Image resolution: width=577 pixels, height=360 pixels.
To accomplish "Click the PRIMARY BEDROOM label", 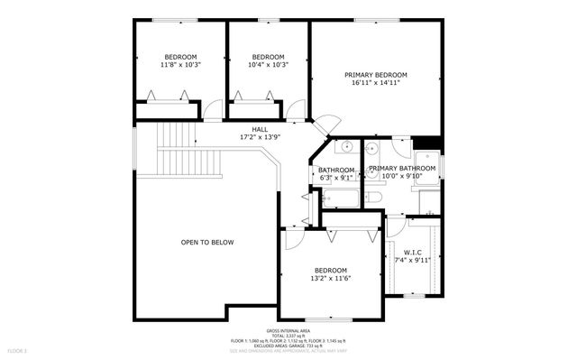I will (x=376, y=74).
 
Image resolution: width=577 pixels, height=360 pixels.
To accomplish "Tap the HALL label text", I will (x=260, y=129).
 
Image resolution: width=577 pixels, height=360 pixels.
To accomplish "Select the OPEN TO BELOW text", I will (x=207, y=242).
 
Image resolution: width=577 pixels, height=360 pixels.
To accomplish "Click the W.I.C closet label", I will (x=413, y=252).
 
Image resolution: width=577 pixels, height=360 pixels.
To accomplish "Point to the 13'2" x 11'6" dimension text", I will (x=331, y=279).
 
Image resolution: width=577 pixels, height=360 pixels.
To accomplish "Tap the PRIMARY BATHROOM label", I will (x=397, y=168).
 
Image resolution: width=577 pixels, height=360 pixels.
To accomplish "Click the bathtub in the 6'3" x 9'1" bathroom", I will (x=339, y=198).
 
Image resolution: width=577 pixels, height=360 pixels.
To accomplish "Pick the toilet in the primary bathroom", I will (x=376, y=199).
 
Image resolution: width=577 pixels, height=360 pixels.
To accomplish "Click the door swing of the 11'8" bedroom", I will (x=210, y=111).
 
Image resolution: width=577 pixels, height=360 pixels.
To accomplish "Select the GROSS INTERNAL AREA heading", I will (x=288, y=331).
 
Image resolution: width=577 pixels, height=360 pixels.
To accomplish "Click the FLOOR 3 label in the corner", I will (x=18, y=349).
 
